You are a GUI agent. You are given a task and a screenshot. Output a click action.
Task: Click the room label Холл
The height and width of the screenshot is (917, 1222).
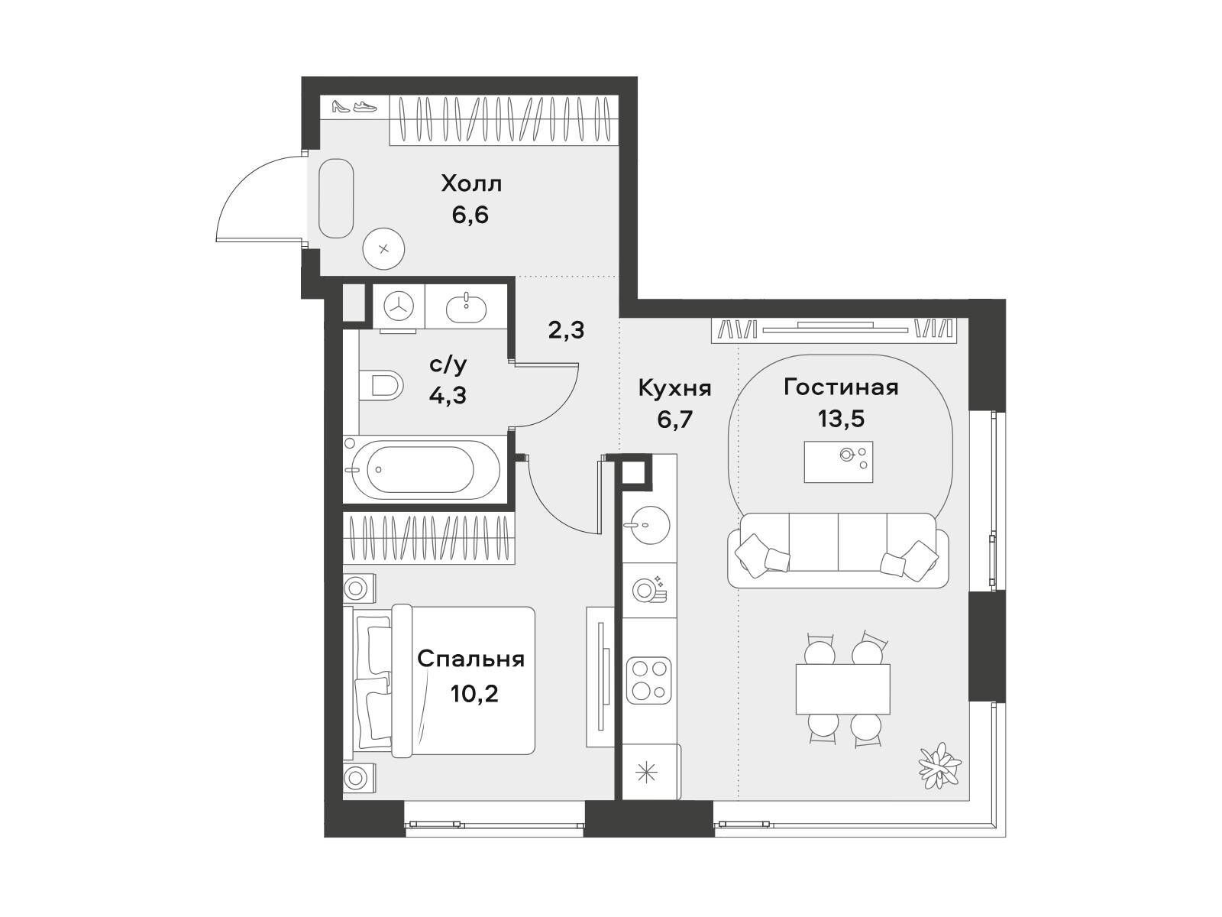tap(471, 183)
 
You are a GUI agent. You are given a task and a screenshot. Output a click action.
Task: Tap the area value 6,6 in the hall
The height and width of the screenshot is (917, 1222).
tap(470, 215)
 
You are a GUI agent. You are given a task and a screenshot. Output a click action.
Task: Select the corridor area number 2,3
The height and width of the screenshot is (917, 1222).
tap(566, 330)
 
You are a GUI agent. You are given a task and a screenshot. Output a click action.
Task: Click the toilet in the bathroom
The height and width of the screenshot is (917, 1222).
tap(381, 384)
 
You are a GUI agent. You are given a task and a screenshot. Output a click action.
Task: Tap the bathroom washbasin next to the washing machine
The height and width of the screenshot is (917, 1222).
tap(466, 306)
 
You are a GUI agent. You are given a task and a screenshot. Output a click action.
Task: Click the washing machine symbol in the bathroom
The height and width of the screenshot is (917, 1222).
tap(399, 306)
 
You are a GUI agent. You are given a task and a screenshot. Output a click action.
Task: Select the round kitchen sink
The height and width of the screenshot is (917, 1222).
tap(647, 524)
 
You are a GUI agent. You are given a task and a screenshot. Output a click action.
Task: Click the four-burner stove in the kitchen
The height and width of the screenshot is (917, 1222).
tap(648, 680)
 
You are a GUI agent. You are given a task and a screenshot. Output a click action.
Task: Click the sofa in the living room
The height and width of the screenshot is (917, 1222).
tap(838, 550)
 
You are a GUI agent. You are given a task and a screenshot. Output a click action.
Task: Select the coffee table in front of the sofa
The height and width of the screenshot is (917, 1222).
tap(838, 462)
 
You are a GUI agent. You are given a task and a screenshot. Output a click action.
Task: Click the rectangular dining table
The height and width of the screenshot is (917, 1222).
tap(842, 689)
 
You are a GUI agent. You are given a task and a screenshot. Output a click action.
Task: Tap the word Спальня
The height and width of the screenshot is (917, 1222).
tap(470, 659)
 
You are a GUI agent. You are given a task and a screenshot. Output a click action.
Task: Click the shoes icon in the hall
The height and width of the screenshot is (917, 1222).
tap(354, 105)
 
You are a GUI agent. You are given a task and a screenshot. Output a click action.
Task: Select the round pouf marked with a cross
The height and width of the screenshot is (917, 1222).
tap(383, 249)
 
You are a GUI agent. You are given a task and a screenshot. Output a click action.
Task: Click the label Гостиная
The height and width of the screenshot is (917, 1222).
tap(841, 387)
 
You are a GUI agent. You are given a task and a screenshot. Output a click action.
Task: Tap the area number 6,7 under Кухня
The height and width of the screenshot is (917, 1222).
tap(674, 420)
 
